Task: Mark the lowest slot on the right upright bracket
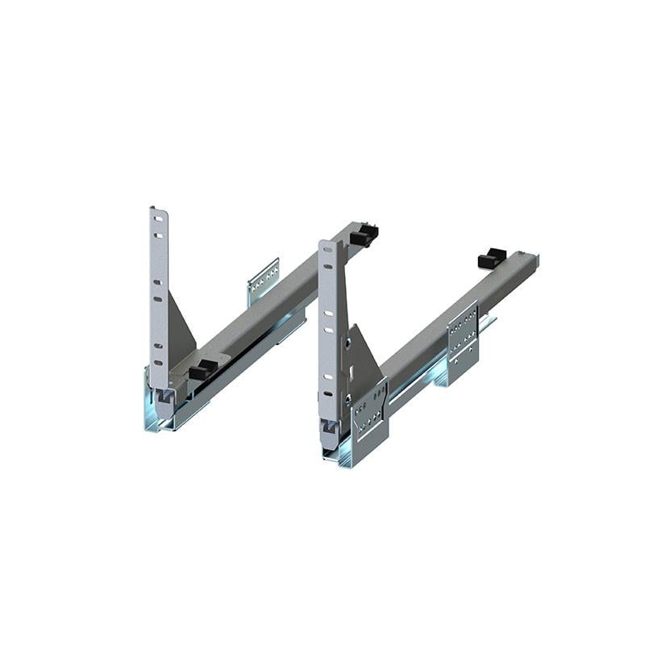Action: (x=330, y=394)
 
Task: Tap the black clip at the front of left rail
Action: (x=202, y=370)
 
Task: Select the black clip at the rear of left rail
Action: (x=364, y=235)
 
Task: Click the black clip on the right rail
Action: (x=492, y=258)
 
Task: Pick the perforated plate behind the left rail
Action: (x=264, y=279)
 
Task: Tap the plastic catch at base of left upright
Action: (x=164, y=396)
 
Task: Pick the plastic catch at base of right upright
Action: (x=328, y=427)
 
